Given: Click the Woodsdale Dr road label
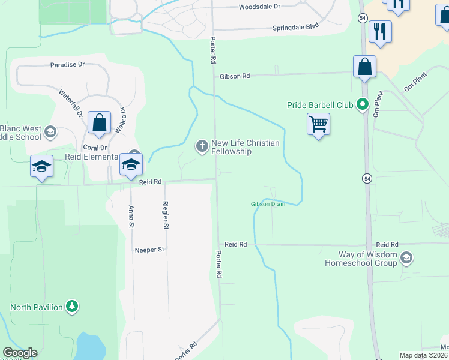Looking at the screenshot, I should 259,7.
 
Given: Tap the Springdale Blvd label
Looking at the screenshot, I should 295,27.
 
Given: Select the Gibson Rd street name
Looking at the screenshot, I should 234,76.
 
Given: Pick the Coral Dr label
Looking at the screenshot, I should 95,148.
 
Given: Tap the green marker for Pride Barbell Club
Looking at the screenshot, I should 362,105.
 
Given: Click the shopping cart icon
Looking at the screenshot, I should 319,124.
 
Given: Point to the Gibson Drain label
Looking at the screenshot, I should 268,204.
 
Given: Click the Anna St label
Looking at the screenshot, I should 131,217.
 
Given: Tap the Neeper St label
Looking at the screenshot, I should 149,250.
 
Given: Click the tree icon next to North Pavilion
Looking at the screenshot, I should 72,307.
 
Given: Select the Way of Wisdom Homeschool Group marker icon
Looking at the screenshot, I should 406,258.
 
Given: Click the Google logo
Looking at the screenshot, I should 20,353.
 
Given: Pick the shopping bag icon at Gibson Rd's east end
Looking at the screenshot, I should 364,67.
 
